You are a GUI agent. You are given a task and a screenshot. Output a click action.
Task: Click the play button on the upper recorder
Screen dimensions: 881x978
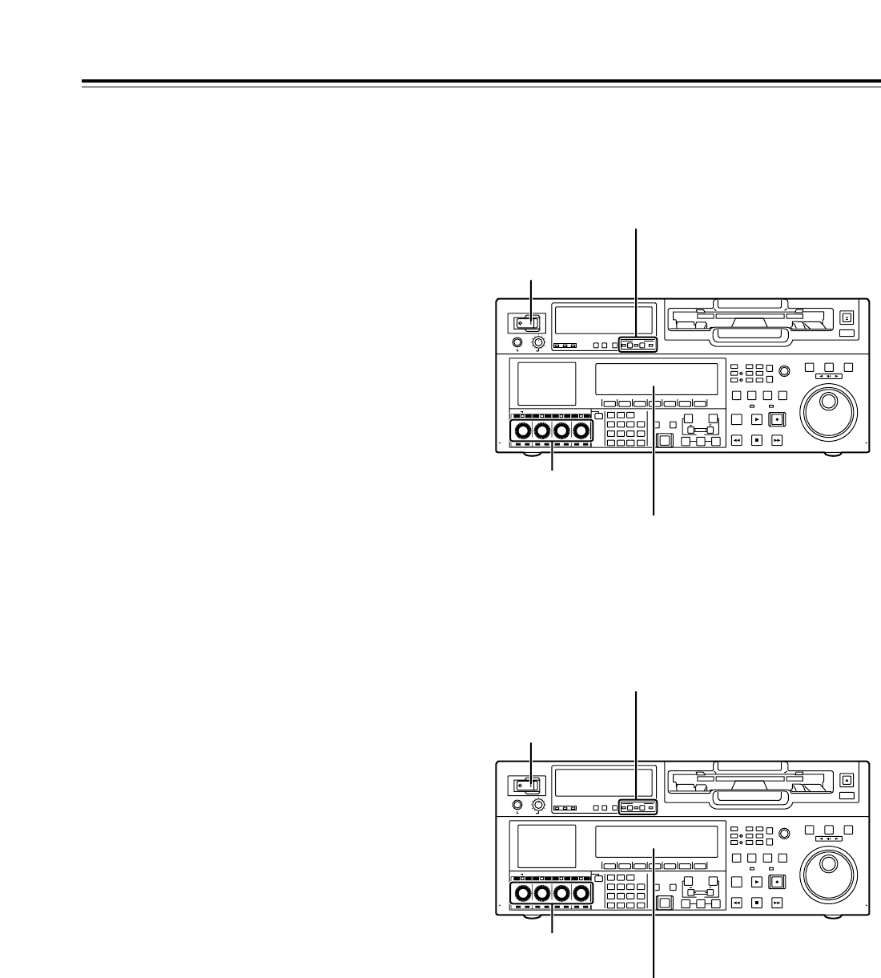point(757,418)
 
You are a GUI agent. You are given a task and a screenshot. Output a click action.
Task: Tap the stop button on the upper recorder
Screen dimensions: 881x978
point(757,440)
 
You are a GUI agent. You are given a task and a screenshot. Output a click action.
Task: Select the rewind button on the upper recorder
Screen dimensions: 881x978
point(737,440)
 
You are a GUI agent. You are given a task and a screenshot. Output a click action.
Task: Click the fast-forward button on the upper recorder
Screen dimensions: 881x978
point(777,440)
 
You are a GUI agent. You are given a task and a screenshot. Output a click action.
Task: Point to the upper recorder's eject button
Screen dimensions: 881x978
point(847,317)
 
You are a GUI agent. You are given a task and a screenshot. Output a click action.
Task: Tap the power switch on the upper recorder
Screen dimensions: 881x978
point(526,323)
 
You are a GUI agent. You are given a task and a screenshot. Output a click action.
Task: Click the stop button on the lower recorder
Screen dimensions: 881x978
point(757,903)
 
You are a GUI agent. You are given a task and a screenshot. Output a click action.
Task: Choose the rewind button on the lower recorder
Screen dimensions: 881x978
point(737,903)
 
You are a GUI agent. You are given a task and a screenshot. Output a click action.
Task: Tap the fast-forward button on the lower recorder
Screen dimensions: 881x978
point(777,903)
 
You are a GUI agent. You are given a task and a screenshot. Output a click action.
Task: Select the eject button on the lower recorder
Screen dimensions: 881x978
point(847,780)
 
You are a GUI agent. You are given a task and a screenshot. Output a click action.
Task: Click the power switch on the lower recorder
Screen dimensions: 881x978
point(526,786)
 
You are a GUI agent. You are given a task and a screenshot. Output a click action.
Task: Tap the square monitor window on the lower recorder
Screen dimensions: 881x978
point(547,846)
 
